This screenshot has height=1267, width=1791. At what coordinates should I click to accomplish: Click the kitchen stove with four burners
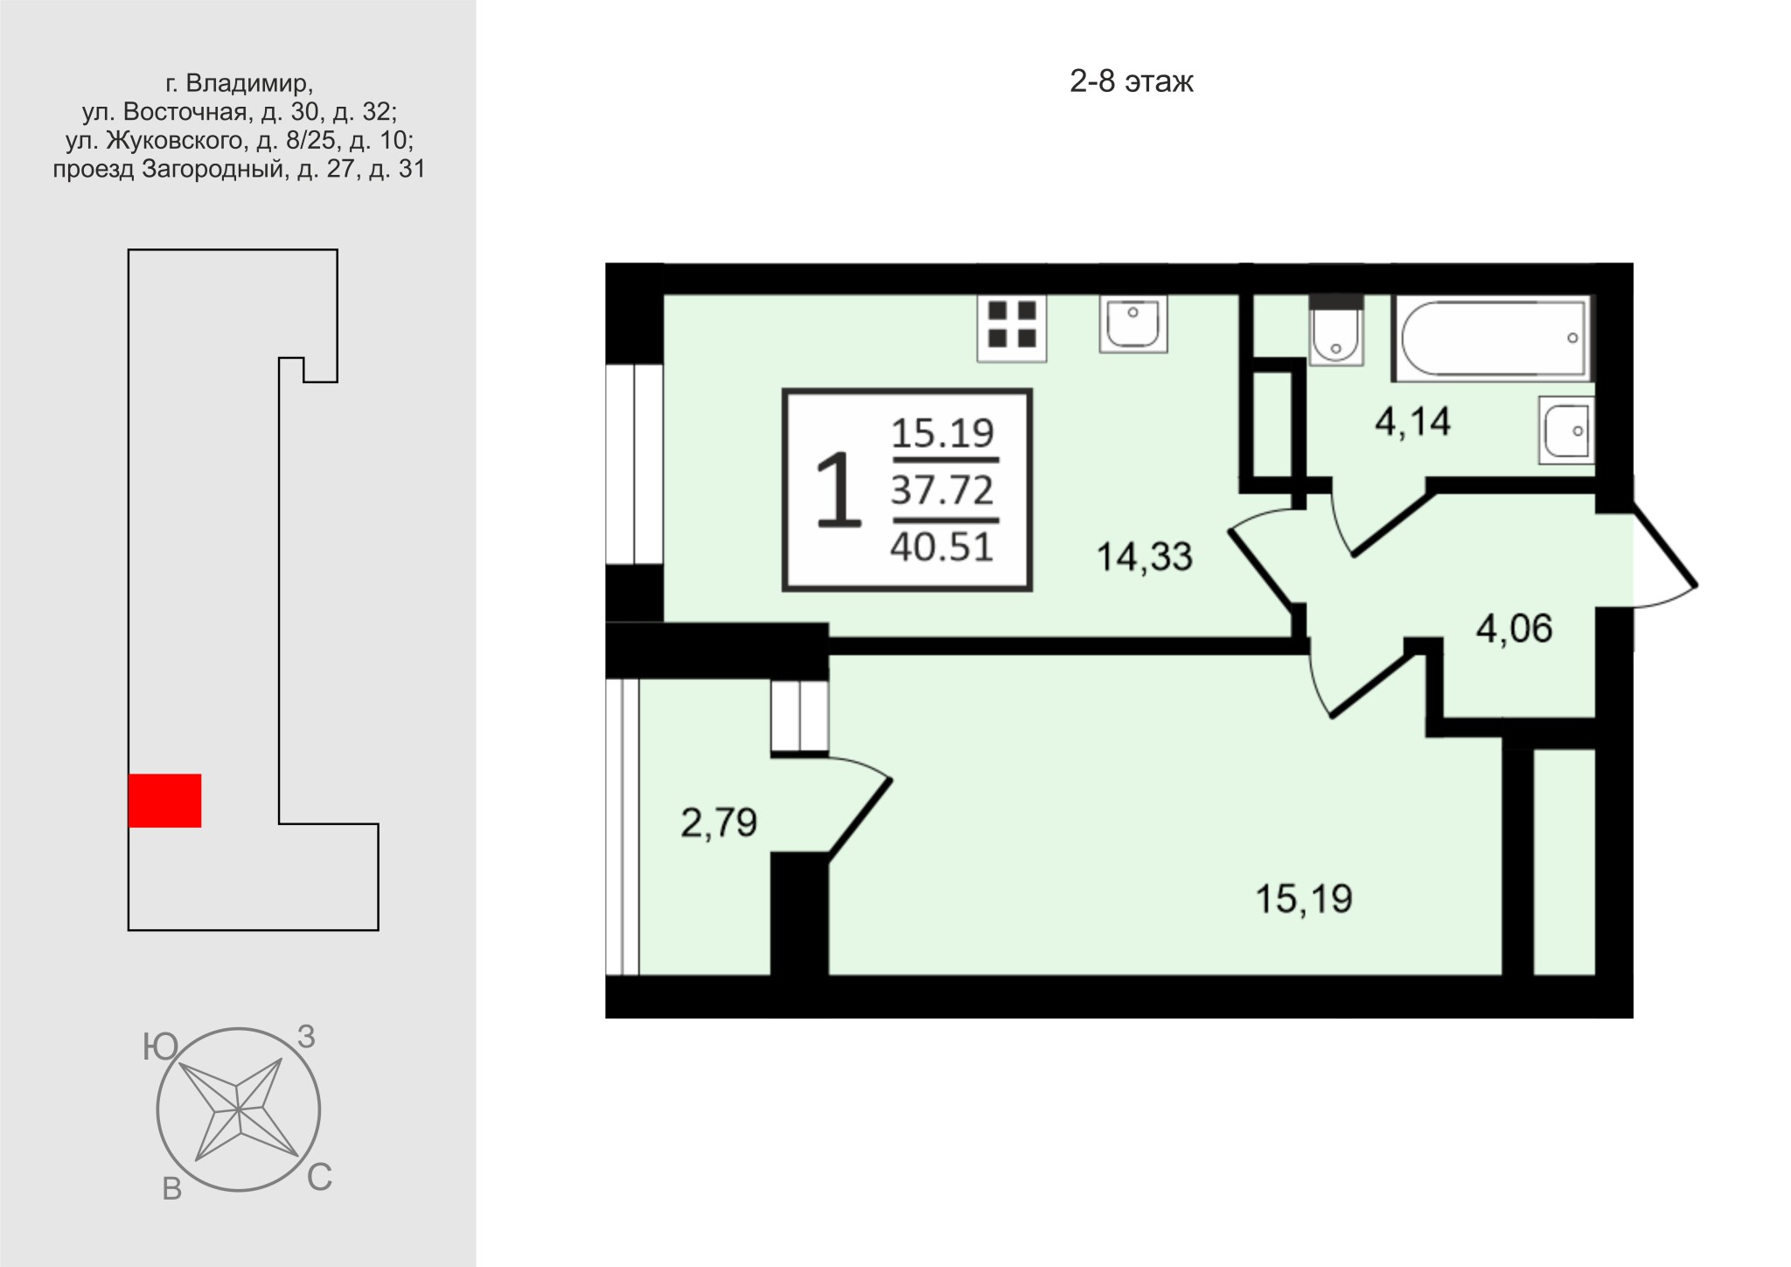point(1012,327)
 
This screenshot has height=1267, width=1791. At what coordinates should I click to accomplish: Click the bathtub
point(1493,338)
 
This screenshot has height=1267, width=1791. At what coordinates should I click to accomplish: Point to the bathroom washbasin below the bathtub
point(1566,430)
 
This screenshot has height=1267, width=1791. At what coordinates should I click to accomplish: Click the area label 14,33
point(1144,557)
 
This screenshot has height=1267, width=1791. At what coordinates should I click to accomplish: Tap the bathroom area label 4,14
point(1412,423)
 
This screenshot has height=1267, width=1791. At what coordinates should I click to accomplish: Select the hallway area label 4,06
point(1514,629)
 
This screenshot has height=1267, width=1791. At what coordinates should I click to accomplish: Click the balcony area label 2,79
point(719,823)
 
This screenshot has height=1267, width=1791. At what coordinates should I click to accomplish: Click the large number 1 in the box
point(838,490)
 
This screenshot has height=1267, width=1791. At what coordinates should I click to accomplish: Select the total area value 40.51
point(943,548)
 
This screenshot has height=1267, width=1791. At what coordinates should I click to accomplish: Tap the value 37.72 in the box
point(943,490)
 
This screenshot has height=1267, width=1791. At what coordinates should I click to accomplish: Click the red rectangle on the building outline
point(164,801)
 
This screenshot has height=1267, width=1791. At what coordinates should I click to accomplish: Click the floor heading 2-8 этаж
point(1132,81)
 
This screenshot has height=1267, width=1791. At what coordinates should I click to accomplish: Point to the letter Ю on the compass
point(160,1046)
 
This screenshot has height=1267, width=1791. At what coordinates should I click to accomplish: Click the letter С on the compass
point(319,1178)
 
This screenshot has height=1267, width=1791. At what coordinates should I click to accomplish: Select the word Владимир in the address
point(248,83)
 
